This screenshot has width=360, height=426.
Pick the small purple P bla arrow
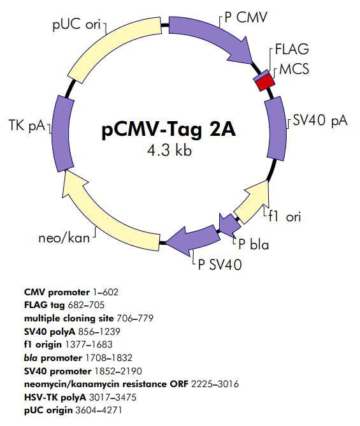[x=227, y=224]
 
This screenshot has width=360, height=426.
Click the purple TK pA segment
[x=59, y=128]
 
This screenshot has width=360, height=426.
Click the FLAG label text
[x=292, y=50]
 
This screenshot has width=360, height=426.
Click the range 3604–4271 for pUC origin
[x=99, y=409]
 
